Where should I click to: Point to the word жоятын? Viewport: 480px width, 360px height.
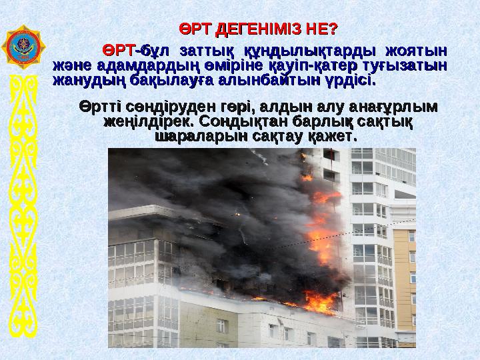tap(413, 50)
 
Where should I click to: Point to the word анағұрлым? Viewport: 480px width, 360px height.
tap(387, 107)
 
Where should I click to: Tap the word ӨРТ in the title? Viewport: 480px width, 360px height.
tap(195, 29)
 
